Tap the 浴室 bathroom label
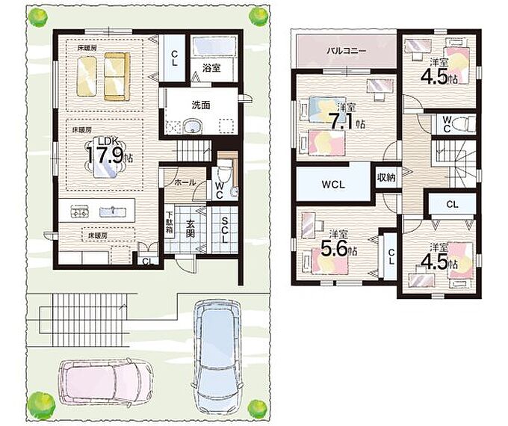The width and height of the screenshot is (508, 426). click(x=211, y=68)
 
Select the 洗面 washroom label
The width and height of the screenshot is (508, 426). click(x=201, y=105)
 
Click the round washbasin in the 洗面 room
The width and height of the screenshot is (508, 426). click(x=193, y=126)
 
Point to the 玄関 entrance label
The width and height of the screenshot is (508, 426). click(x=190, y=229)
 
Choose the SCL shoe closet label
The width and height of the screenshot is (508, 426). click(x=225, y=229)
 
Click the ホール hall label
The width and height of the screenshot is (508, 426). click(x=185, y=182)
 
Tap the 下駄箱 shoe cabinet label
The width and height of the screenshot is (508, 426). click(x=169, y=223)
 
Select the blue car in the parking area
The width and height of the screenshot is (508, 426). click(x=217, y=354)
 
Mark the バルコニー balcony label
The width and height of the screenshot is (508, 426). click(x=347, y=51)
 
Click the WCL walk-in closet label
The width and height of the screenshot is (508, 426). click(x=333, y=185)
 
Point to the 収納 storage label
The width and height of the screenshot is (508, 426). click(x=386, y=177)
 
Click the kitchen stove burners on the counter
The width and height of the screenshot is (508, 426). click(x=80, y=212)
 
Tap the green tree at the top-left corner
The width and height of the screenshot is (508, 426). click(x=37, y=17)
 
